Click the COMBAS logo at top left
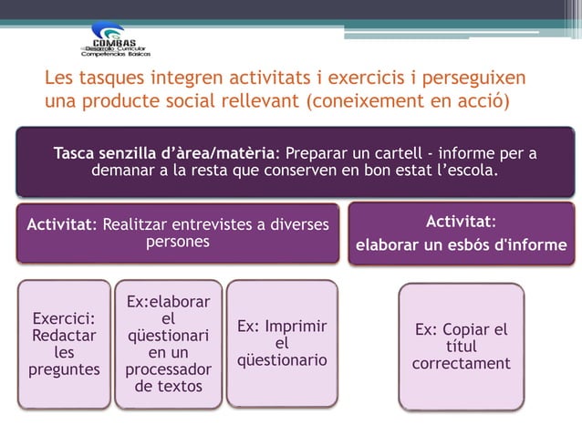113,42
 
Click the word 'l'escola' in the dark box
464,171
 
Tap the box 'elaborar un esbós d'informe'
461,234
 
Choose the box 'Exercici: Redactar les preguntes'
63,343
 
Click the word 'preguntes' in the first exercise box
63,369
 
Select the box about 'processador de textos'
168,343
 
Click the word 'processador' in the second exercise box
168,369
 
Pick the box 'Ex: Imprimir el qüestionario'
281,343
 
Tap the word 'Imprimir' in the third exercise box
294,327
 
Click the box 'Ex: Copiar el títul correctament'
461,347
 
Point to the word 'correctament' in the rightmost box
461,363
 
